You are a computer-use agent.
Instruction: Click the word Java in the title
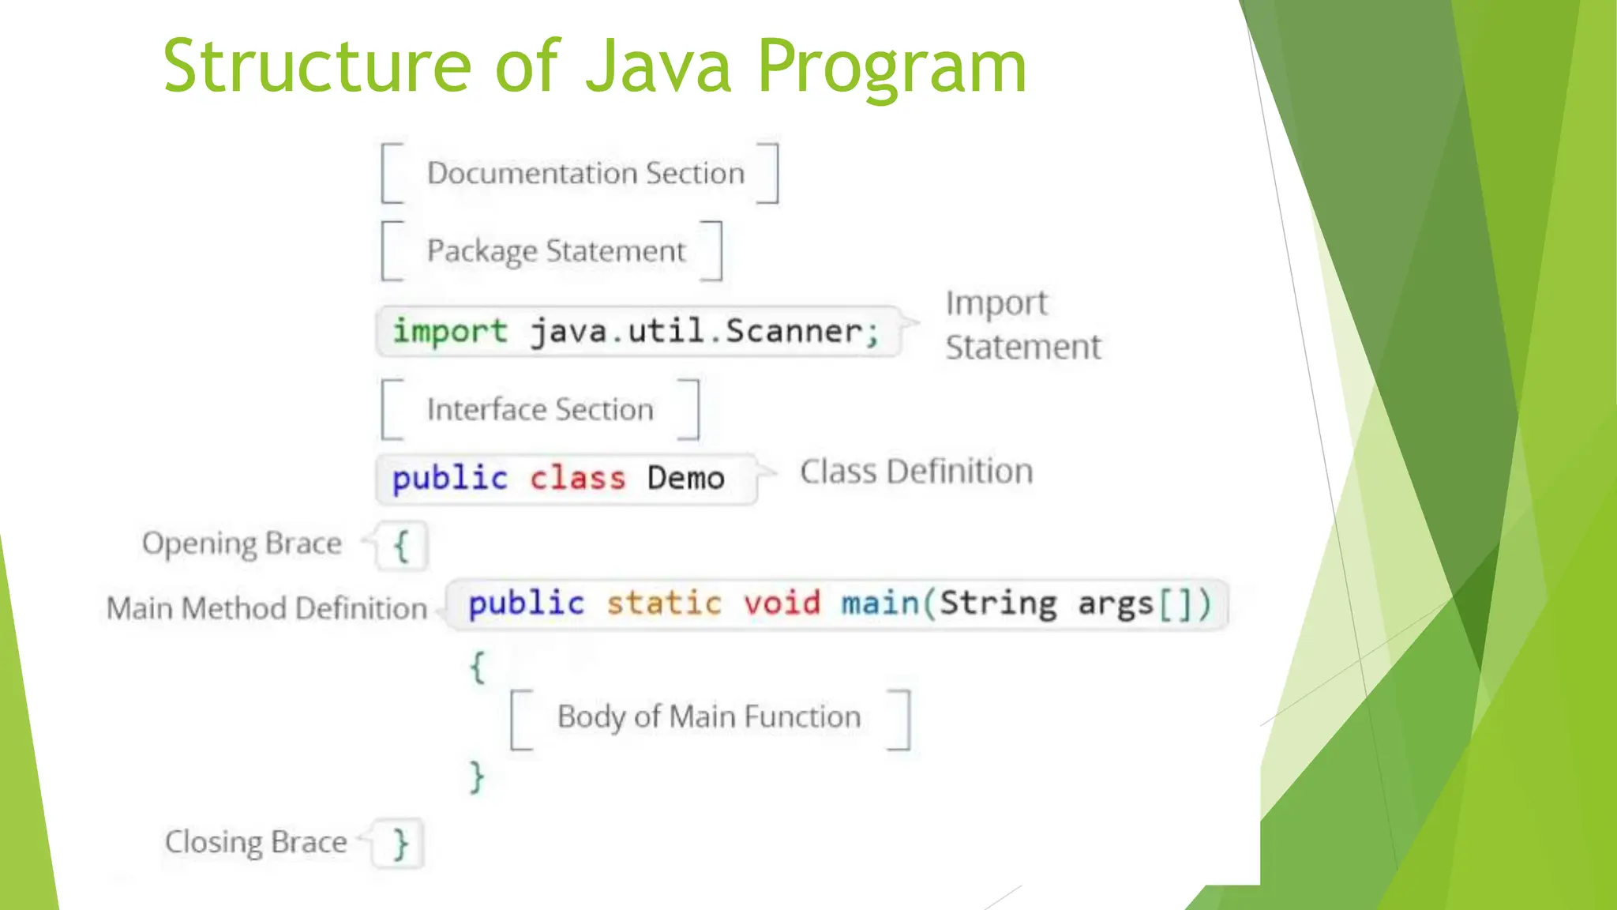(658, 66)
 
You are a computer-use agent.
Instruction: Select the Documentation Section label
(585, 173)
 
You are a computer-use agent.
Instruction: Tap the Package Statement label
(556, 251)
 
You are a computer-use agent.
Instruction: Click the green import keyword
(450, 331)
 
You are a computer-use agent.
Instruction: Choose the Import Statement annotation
(1022, 325)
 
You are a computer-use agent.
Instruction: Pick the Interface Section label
(540, 409)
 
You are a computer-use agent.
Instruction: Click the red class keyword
(577, 479)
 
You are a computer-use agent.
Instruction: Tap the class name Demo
(685, 479)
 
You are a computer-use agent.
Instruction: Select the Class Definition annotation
(916, 472)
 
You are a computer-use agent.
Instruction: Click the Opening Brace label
(242, 543)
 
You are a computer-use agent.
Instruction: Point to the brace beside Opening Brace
(402, 546)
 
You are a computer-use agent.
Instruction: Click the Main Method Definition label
(267, 608)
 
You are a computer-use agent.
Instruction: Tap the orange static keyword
(663, 604)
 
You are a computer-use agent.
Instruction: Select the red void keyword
(782, 604)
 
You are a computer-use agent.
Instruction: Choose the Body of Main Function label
(708, 717)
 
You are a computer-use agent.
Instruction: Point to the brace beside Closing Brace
(401, 844)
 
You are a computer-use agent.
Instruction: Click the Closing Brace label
(256, 842)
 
